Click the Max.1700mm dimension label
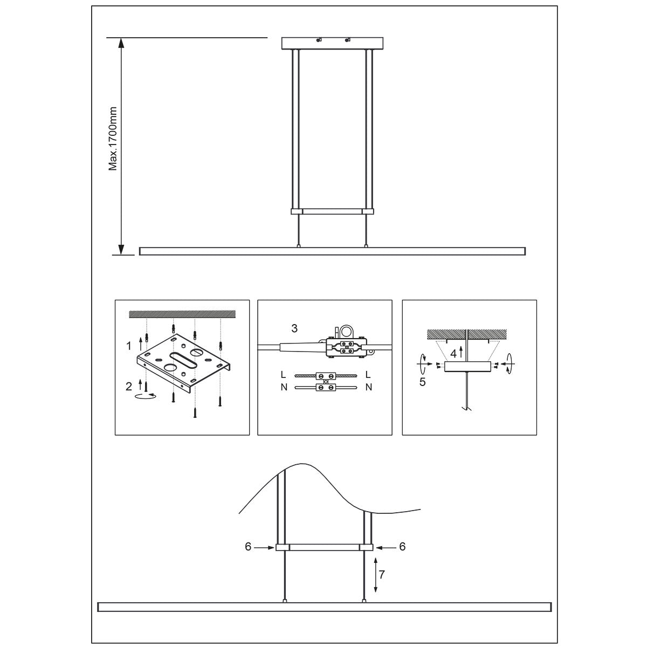click(x=113, y=138)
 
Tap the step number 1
click(x=129, y=346)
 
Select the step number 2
click(x=129, y=386)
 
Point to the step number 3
click(x=294, y=328)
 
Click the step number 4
click(x=454, y=354)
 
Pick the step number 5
click(x=423, y=382)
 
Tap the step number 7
click(x=382, y=575)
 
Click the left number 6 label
click(x=248, y=547)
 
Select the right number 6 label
click(x=402, y=547)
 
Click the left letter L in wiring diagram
click(x=283, y=374)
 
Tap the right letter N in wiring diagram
click(x=369, y=387)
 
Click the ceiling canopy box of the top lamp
click(x=333, y=43)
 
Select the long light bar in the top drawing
click(x=332, y=251)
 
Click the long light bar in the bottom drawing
click(x=324, y=607)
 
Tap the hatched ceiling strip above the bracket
click(x=182, y=314)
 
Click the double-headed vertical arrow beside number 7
click(x=375, y=575)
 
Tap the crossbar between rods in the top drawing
click(x=332, y=212)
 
